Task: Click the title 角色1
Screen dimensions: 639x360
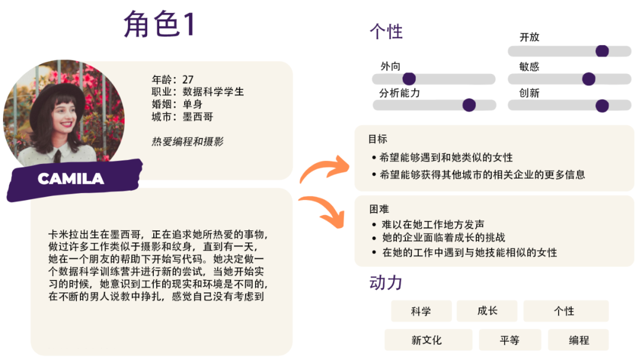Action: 159,25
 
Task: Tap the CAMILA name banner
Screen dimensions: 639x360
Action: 71,178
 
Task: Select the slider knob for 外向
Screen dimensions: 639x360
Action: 409,79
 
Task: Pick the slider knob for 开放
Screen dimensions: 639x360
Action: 602,51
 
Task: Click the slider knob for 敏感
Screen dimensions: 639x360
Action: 588,79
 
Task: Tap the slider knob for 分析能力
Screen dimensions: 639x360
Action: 469,105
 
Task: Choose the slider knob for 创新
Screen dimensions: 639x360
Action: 602,106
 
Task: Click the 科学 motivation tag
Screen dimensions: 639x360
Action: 421,311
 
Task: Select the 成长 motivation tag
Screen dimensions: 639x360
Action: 487,311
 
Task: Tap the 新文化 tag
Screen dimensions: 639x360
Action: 427,340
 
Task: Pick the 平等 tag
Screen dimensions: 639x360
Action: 509,340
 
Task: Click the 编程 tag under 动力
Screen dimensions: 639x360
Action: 579,340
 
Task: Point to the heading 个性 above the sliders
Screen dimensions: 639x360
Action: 386,31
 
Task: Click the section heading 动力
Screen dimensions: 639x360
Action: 385,282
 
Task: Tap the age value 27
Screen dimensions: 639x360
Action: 188,79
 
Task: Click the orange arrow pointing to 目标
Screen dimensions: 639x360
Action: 323,169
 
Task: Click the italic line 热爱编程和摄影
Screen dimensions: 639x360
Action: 188,142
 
